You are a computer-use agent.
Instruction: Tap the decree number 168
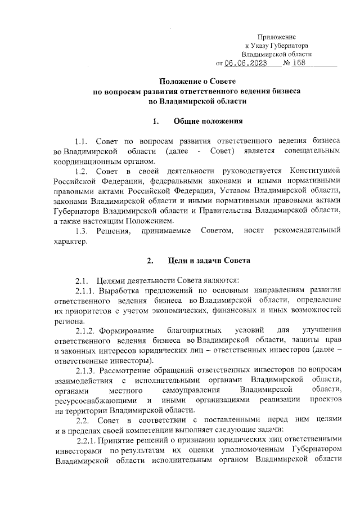click(301, 63)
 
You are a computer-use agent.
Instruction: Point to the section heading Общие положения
click(208, 121)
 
